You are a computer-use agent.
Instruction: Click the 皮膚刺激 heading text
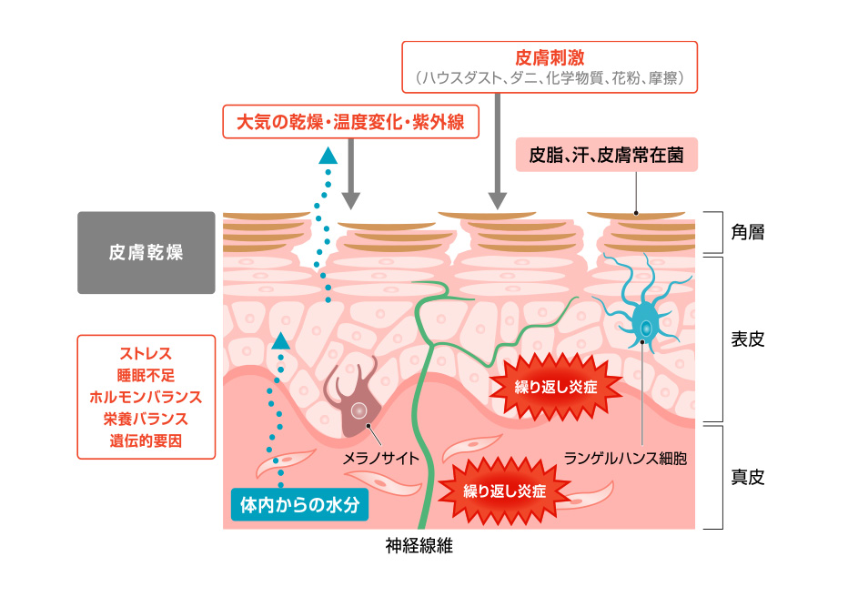coord(550,56)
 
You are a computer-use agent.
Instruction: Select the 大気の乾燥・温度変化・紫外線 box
coord(350,122)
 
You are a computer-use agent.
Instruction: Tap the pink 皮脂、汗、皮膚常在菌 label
coord(606,155)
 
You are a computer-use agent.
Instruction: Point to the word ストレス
coord(146,353)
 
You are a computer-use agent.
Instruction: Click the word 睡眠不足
coord(146,375)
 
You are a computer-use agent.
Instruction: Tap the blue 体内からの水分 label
coord(299,503)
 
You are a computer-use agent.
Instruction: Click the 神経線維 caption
coord(419,546)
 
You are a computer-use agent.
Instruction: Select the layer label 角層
coord(747,232)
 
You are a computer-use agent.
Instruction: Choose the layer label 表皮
coord(747,339)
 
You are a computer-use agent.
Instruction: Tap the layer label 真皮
coord(747,476)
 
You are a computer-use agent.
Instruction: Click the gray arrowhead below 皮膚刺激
coord(497,200)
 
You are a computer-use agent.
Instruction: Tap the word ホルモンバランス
coord(146,397)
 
